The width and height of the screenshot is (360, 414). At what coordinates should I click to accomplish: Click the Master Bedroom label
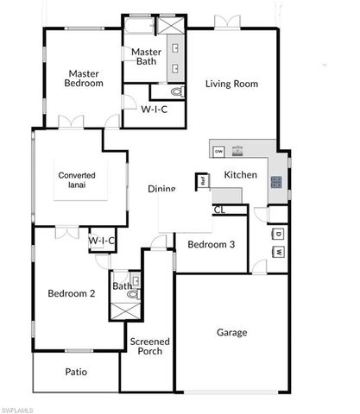[x=84, y=78]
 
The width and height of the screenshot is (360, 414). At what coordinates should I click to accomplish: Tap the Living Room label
[x=231, y=84]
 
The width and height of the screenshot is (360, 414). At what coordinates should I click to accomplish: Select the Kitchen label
[x=241, y=175]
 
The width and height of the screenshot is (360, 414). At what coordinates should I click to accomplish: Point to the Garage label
[x=231, y=332]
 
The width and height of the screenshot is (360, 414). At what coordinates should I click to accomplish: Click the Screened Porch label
[x=149, y=347]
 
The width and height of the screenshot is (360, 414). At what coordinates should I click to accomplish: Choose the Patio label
[x=76, y=373]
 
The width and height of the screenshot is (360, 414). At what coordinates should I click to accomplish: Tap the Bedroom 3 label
[x=212, y=244]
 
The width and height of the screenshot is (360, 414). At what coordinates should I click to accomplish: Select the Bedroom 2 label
[x=71, y=293]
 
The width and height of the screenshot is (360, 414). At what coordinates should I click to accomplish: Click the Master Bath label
[x=146, y=58]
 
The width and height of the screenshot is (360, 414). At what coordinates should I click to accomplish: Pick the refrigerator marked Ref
[x=204, y=181]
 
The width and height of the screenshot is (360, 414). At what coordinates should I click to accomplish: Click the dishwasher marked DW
[x=219, y=151]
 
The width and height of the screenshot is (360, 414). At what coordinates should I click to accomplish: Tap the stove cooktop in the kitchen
[x=276, y=182]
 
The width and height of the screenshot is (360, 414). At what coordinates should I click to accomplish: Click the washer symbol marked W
[x=280, y=252]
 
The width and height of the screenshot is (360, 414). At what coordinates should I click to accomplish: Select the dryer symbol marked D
[x=280, y=233]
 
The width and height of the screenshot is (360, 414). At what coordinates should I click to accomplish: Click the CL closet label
[x=218, y=210]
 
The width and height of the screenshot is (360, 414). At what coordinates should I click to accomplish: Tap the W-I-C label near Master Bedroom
[x=155, y=110]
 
